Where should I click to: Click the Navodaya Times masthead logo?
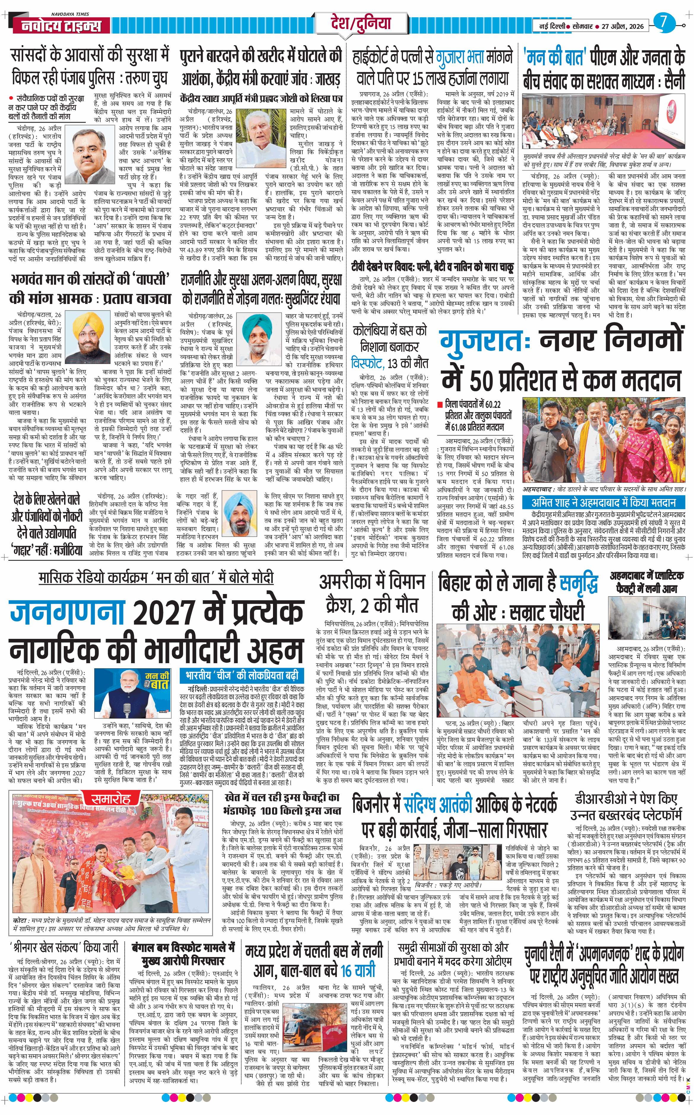pos(61,25)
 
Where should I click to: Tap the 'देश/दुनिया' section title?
pos(361,23)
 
